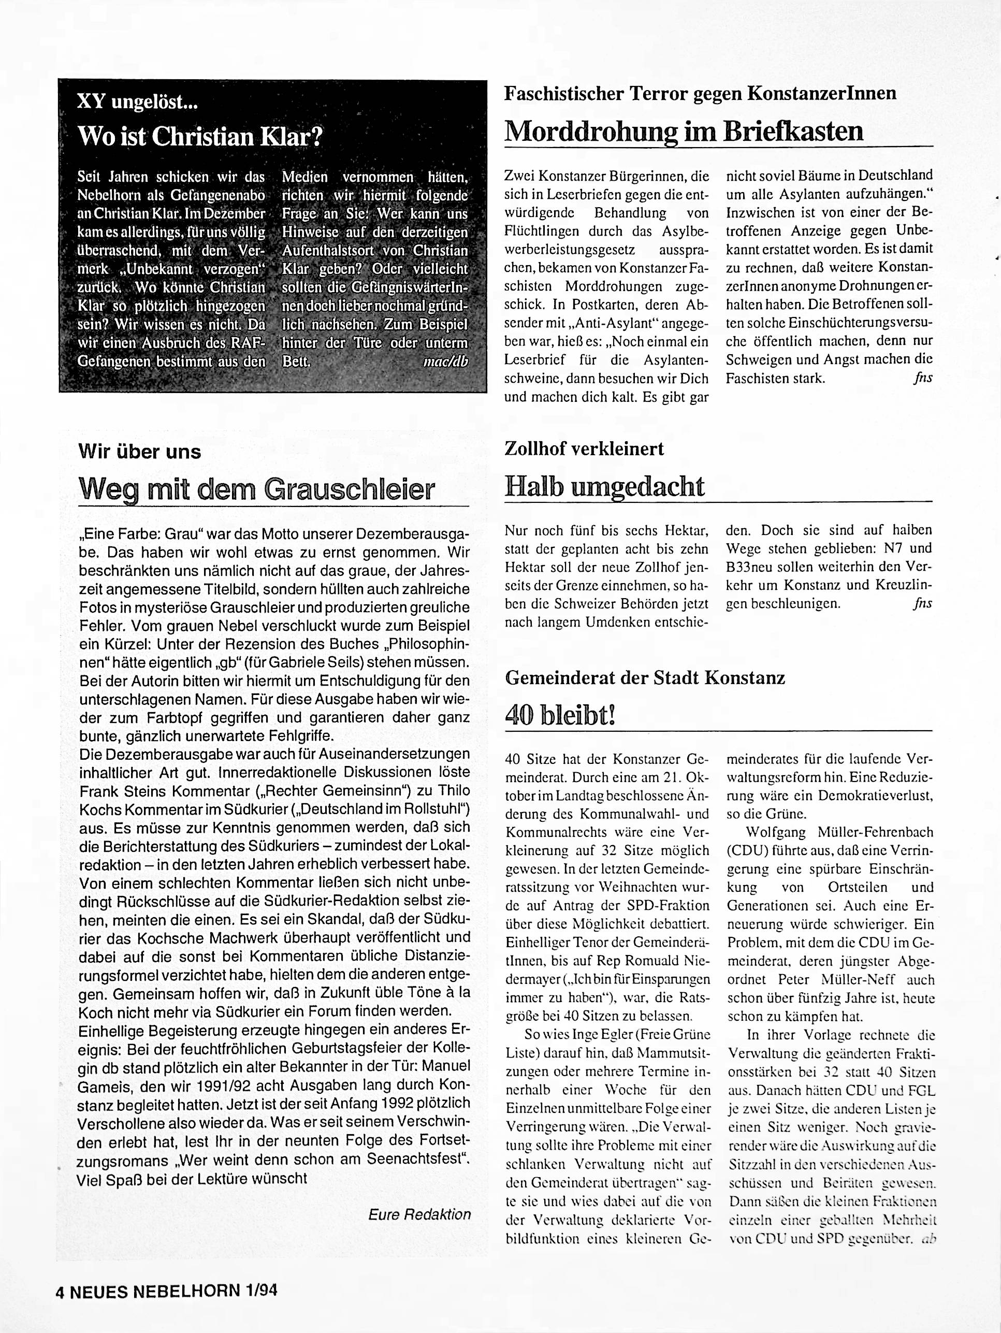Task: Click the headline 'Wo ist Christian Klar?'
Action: (200, 136)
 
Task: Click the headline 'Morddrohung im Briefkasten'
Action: (684, 130)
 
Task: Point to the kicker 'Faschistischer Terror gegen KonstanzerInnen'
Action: (700, 93)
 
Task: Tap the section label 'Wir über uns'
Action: (139, 452)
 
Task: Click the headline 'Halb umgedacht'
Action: (604, 486)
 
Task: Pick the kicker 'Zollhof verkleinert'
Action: (584, 449)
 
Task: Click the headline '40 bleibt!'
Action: (560, 716)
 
